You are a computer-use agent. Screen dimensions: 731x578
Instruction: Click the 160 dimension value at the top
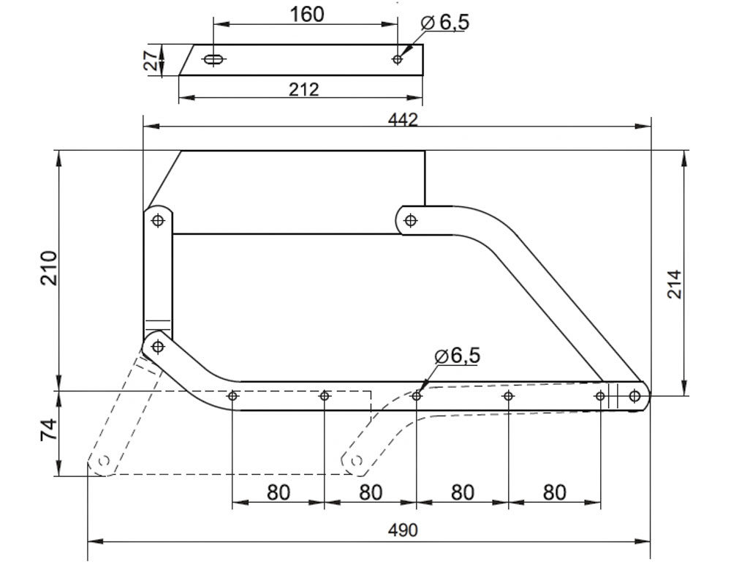click(306, 14)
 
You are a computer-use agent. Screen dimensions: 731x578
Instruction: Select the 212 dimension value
click(303, 89)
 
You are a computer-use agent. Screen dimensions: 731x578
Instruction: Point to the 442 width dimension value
click(403, 120)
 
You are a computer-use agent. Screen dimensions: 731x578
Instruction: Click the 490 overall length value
click(403, 530)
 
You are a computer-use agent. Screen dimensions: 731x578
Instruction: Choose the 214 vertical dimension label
click(675, 284)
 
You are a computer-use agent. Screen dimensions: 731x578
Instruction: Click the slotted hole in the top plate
click(213, 59)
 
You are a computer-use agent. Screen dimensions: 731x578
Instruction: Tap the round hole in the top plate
click(398, 59)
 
